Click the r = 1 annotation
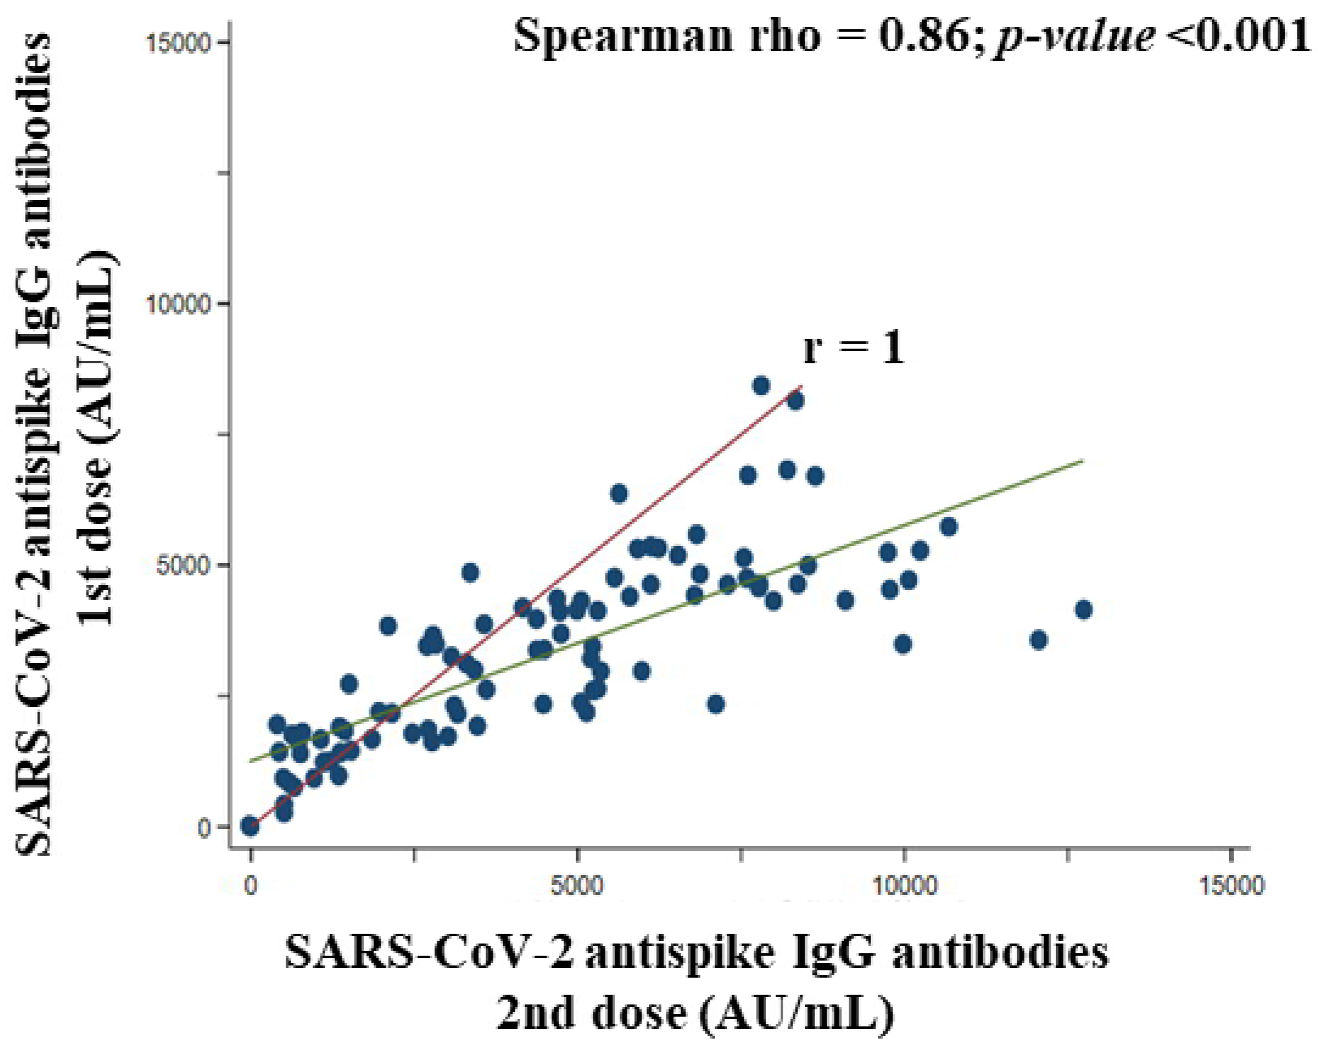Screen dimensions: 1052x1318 pos(853,349)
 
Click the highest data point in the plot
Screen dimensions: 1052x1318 pos(761,385)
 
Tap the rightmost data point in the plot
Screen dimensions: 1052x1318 pos(1084,610)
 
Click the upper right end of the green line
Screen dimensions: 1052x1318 pos(1083,460)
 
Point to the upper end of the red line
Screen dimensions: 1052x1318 pos(801,386)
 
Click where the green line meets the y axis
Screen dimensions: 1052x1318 pos(251,761)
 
